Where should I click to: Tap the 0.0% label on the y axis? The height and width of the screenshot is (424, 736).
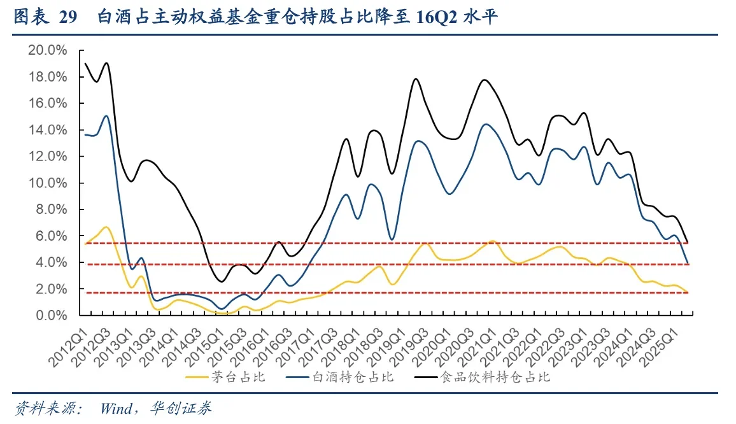(52, 315)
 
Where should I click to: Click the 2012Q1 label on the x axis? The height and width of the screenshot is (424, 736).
(68, 344)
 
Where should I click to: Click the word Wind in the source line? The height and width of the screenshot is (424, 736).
(115, 408)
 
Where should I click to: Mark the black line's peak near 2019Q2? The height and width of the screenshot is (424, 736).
(416, 79)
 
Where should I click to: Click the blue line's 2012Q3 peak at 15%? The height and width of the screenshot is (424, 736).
(106, 116)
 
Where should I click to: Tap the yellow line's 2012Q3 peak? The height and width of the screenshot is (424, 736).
(106, 227)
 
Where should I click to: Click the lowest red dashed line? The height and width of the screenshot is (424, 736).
(382, 292)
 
